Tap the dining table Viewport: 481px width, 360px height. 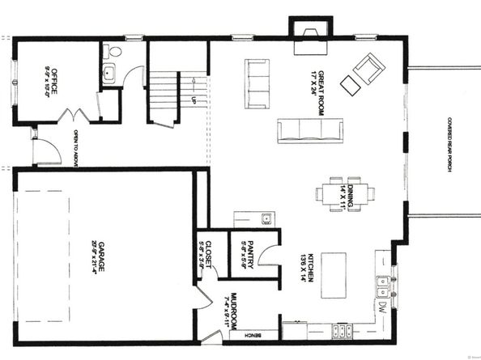point(346,193)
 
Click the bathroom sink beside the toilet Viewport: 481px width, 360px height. point(110,75)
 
